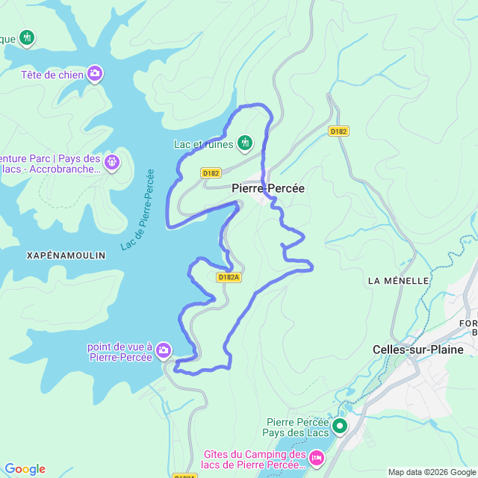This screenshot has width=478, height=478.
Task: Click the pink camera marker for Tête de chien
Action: click(95, 73)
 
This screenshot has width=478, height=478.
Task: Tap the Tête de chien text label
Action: click(52, 74)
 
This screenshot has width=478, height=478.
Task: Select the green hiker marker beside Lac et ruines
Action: click(244, 143)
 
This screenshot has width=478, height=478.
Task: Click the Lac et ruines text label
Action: click(203, 144)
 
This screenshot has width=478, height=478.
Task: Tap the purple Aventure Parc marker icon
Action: click(112, 161)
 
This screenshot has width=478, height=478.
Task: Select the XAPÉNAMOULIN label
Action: click(66, 255)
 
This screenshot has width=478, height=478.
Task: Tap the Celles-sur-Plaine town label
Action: click(418, 350)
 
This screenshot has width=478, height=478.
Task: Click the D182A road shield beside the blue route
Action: click(229, 277)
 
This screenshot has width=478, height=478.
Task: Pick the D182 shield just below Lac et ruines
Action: click(211, 173)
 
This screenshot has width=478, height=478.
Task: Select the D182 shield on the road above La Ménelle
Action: click(339, 131)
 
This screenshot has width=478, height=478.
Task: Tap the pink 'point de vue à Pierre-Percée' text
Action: click(119, 352)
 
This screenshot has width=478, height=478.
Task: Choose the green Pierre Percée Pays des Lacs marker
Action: click(340, 426)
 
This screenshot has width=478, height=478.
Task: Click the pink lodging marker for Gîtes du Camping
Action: click(316, 456)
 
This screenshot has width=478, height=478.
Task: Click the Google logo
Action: click(25, 469)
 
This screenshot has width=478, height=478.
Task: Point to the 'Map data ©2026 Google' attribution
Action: click(432, 472)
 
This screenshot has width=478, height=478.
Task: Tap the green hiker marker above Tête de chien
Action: click(27, 37)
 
